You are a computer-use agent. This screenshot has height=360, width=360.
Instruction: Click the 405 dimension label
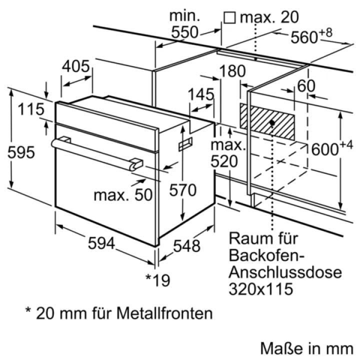tap(76, 66)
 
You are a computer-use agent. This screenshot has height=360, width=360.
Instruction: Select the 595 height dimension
tap(21, 152)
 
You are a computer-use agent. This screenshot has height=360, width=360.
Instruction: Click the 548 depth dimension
tap(186, 245)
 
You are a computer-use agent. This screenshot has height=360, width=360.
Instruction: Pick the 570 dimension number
tap(182, 190)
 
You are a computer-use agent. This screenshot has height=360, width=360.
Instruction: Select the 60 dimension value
tap(305, 86)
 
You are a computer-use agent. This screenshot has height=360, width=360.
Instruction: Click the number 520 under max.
tap(227, 161)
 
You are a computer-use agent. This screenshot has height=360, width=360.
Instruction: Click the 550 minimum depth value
tap(184, 32)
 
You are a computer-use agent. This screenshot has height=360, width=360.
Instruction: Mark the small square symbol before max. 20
tap(230, 18)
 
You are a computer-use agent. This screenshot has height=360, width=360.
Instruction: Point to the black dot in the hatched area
tap(271, 122)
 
